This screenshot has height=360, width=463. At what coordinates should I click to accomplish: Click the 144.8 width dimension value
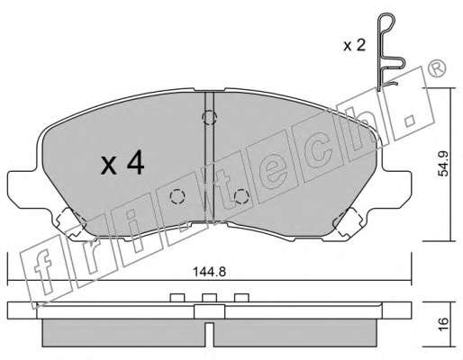[x=209, y=272]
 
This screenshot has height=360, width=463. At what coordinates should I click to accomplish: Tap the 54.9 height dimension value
[x=443, y=164]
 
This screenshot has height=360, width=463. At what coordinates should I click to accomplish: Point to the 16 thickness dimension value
[x=443, y=324]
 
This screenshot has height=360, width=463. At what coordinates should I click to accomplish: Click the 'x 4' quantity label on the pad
[x=123, y=164]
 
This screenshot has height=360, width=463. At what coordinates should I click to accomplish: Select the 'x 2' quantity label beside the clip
[x=354, y=46]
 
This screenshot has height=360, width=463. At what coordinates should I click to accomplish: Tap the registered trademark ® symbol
[x=437, y=69]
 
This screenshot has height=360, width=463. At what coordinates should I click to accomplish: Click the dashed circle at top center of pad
[x=209, y=117]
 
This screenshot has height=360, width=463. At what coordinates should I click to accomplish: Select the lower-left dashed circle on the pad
[x=177, y=197]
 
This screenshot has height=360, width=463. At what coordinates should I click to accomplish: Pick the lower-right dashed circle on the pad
[x=242, y=197]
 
